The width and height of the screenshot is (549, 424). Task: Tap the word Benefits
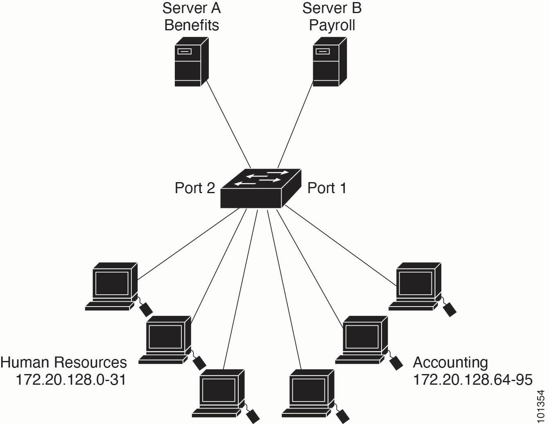(192, 25)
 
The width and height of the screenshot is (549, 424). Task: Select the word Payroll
(332, 25)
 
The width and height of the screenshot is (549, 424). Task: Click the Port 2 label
(194, 188)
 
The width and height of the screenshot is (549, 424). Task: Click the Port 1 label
(327, 188)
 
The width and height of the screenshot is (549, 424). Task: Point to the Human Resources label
(64, 363)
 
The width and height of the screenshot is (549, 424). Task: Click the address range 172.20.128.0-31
(70, 380)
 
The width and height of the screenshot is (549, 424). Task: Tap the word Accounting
(450, 363)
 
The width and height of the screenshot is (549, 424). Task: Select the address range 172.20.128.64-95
(472, 380)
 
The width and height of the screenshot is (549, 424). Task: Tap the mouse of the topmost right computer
(450, 309)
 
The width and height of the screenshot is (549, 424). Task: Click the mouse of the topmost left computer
(146, 309)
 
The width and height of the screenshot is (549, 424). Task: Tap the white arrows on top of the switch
(260, 178)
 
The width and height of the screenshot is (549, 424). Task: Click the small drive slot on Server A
(184, 52)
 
